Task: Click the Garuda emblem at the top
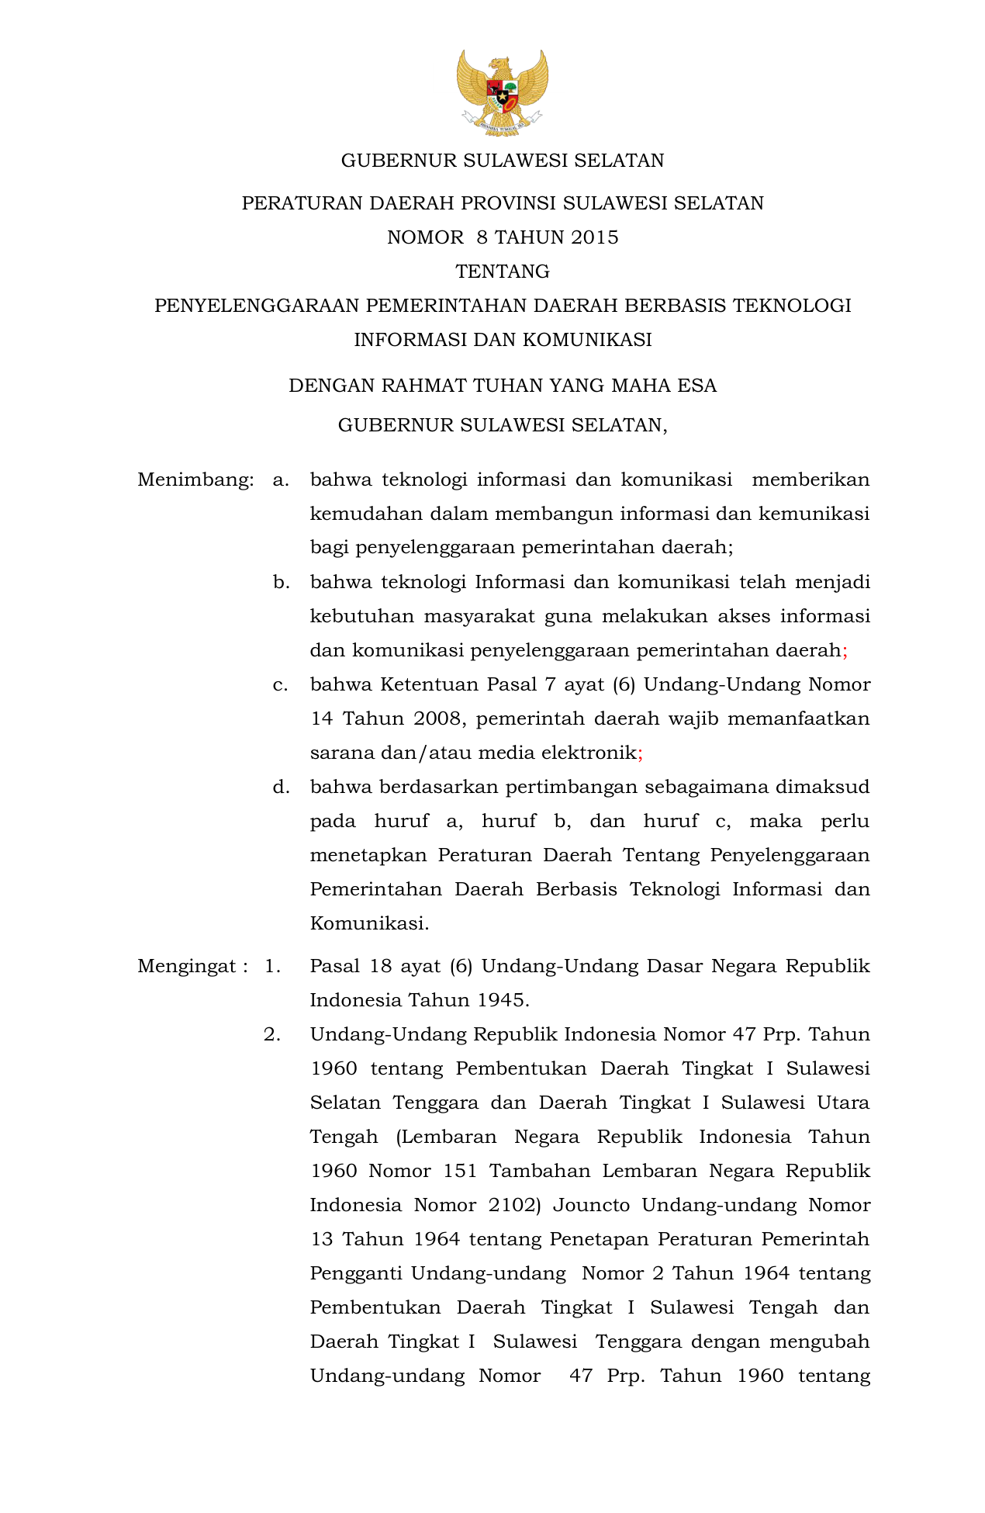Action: [x=502, y=92]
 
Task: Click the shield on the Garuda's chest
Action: [x=502, y=96]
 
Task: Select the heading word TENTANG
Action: [x=503, y=272]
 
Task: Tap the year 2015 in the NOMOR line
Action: [x=594, y=237]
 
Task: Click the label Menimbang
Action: [x=195, y=480]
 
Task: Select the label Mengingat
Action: [x=186, y=966]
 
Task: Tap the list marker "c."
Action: [x=281, y=684]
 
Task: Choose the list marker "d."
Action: [x=281, y=787]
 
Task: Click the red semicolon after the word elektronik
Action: [x=640, y=753]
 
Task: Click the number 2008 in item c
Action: [x=437, y=718]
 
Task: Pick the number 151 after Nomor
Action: [x=461, y=1171]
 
